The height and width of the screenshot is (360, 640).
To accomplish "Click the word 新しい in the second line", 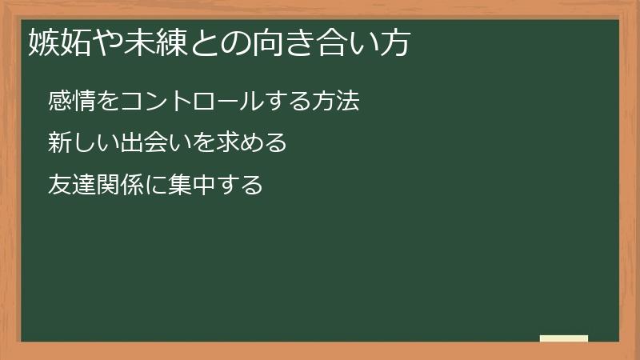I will [82, 144].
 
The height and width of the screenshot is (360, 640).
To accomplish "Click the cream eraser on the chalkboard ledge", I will [564, 338].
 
